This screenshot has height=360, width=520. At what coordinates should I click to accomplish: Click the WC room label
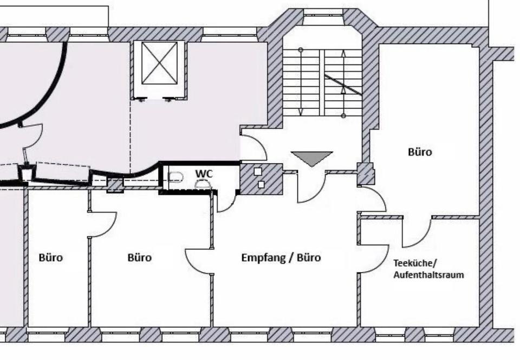[204, 173]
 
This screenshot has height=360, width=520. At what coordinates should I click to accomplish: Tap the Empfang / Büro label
[281, 258]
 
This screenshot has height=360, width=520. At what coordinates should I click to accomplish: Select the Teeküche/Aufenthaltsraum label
[428, 269]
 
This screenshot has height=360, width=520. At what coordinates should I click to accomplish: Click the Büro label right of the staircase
[420, 152]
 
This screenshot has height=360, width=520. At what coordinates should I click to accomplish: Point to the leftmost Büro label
[50, 258]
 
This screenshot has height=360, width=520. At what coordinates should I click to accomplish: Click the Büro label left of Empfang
[139, 258]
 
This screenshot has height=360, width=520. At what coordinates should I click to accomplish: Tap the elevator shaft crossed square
[159, 63]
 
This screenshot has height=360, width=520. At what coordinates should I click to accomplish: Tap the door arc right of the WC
[225, 202]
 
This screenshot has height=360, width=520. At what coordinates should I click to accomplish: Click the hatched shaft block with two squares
[261, 179]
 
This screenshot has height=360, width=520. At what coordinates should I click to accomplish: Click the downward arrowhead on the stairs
[301, 112]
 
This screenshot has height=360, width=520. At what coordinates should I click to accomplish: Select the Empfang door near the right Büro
[373, 200]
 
